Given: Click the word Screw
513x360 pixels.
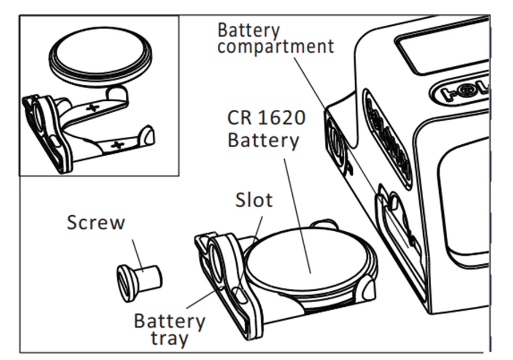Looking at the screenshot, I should (96, 222).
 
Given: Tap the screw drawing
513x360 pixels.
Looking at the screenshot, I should (139, 280).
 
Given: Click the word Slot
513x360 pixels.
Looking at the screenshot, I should (254, 200).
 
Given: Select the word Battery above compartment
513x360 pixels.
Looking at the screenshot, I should (249, 30).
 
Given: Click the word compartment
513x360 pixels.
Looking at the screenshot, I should (275, 47).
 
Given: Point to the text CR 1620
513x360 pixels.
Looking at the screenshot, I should (266, 118).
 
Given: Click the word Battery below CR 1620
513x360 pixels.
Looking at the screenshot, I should (263, 140).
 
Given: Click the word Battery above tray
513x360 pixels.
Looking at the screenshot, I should (169, 321).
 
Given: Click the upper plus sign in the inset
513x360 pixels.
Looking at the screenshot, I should (93, 107).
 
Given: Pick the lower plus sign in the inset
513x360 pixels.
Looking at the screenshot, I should (117, 145).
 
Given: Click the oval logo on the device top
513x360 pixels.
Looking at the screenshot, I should (460, 90).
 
